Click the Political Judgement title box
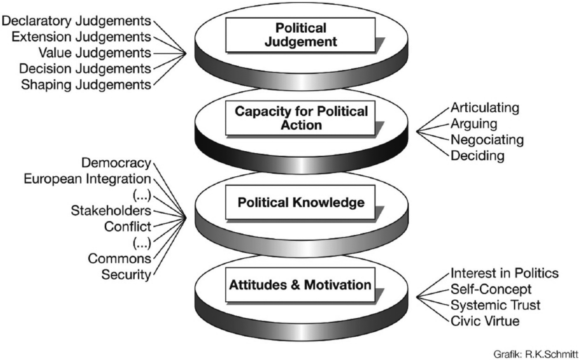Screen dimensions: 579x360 point(300,35)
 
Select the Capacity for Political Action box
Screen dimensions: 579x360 point(300,118)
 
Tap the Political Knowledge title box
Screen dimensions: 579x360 point(300,202)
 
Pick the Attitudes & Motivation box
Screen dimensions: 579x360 point(300,285)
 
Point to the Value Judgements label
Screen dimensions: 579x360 point(95,53)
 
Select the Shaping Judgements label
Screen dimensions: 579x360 point(86,85)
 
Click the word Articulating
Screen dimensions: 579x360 point(485,108)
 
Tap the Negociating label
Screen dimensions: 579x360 point(487,140)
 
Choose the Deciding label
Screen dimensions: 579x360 point(478,156)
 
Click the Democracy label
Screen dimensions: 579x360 point(116,163)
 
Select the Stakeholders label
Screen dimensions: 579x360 point(111,210)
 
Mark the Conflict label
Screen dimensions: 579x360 point(128,226)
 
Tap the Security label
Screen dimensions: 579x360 point(126,275)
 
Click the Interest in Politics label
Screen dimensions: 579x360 point(504,273)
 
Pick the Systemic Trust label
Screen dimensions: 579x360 point(496,305)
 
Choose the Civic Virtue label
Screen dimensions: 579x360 point(485,321)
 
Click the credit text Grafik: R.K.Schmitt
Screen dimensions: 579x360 point(536,354)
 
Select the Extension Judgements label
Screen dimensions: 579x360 point(81,37)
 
